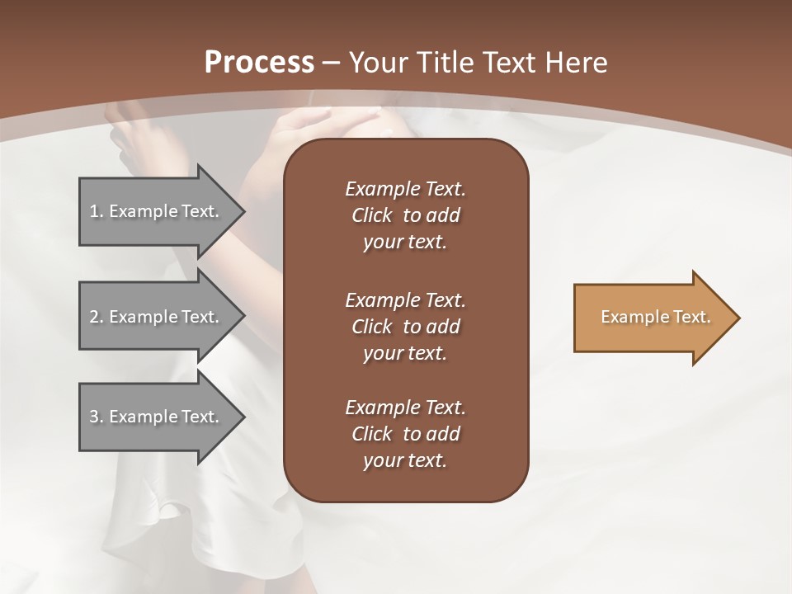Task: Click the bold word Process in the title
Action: click(259, 63)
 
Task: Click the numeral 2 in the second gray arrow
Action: click(94, 317)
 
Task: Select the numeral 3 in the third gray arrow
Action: click(94, 417)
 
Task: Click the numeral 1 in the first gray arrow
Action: click(94, 211)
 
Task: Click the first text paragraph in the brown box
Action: click(405, 215)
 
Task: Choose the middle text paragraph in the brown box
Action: click(405, 327)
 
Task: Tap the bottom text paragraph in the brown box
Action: click(405, 434)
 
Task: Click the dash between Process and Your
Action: click(332, 64)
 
